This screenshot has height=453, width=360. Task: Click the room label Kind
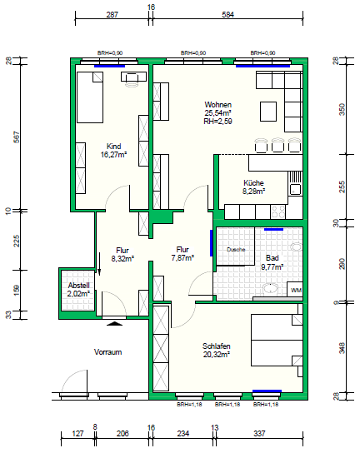(113, 147)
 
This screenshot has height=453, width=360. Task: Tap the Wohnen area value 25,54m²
(218, 112)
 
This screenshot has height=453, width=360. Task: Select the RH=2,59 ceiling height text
(217, 121)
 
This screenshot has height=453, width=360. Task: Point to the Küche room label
(253, 183)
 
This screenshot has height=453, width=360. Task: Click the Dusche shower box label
(236, 249)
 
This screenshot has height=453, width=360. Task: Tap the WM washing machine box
(295, 290)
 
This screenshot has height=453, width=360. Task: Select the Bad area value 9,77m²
(272, 267)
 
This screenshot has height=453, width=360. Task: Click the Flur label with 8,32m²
(122, 250)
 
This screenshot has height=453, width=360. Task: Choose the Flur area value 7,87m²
(182, 258)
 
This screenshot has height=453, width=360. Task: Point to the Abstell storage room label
(78, 286)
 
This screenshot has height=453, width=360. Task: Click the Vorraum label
(108, 352)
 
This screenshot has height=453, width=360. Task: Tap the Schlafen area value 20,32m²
(217, 354)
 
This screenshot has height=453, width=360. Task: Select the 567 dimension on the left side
(9, 137)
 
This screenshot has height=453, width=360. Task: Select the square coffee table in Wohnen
(268, 112)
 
